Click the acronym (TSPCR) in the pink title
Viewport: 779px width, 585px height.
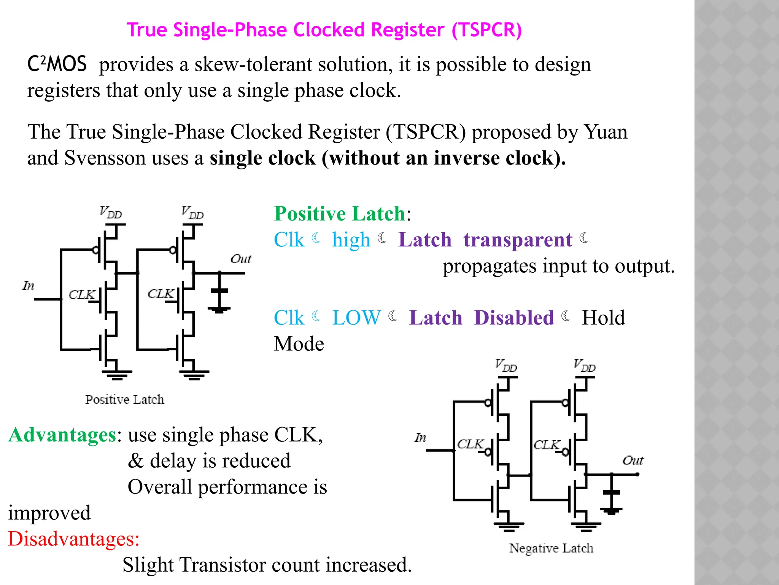coord(486,30)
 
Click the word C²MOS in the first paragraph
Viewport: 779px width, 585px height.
coord(57,64)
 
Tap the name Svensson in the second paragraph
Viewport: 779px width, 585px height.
coord(105,158)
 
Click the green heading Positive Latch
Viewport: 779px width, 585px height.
coord(340,213)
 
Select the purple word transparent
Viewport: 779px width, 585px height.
coord(517,240)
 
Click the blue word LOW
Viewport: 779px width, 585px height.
coord(356,318)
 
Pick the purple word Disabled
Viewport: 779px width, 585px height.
coord(514,318)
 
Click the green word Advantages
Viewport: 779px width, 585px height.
coord(62,435)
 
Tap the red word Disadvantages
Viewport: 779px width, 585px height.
coord(73,539)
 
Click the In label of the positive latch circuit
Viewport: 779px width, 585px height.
coord(29,286)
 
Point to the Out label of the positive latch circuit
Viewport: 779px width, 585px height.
coord(241,259)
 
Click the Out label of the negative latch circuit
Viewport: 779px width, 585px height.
coord(633,460)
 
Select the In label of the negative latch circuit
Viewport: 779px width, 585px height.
coord(420,438)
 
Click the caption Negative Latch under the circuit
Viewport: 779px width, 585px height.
coord(551,548)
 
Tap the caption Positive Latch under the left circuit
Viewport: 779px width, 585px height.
coord(125,400)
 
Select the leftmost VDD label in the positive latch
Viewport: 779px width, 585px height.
coord(110,213)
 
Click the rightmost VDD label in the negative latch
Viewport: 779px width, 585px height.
coord(585,366)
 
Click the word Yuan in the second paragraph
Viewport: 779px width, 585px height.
coord(606,132)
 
